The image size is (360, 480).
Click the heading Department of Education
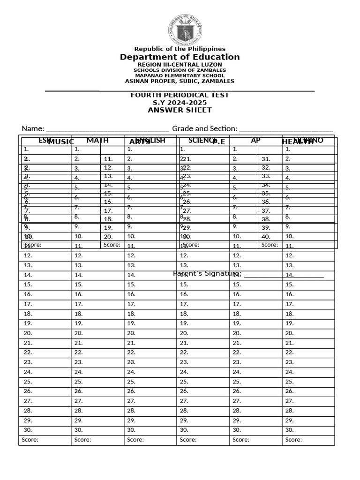[180, 57]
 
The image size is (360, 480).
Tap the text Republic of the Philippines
[180, 49]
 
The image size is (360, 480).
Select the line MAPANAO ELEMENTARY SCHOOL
[180, 75]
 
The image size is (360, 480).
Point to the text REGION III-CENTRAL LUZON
[180, 64]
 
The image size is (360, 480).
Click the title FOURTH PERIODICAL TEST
[180, 95]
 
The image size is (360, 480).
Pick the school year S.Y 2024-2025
[180, 103]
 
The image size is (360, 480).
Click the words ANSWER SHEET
[180, 110]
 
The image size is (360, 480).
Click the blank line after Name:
[107, 129]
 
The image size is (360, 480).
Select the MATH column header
[97, 140]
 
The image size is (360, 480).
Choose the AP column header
[255, 140]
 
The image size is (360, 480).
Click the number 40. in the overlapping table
[266, 237]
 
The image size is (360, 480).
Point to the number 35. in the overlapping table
[266, 193]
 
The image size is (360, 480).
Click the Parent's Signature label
[207, 273]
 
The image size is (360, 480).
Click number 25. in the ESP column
[28, 382]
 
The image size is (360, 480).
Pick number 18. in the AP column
[237, 314]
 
